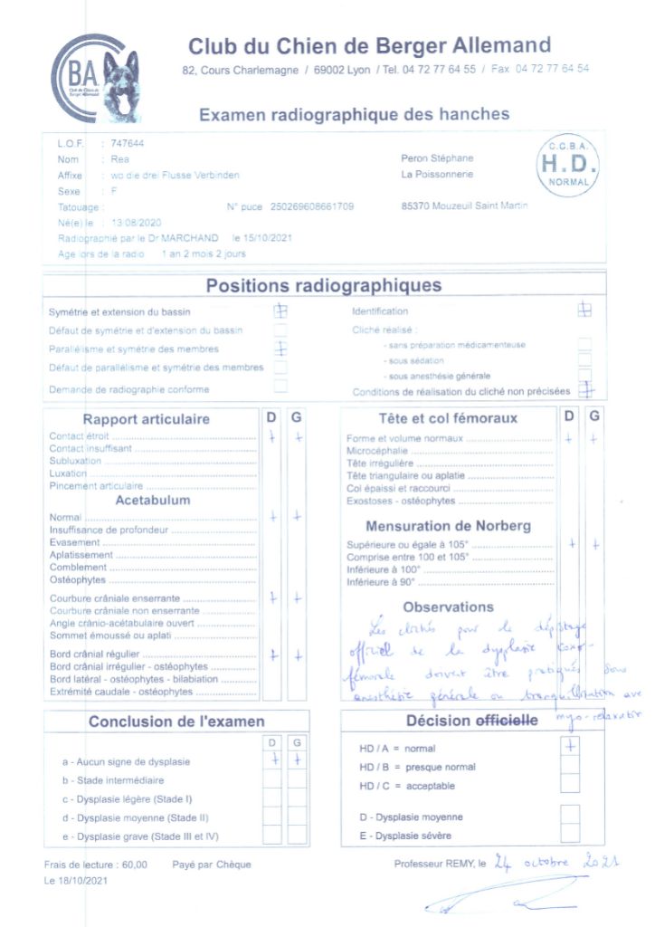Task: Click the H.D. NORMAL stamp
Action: [568, 164]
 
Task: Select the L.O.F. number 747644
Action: [127, 143]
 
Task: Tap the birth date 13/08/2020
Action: [136, 222]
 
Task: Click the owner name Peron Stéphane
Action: [437, 158]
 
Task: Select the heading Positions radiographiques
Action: [324, 286]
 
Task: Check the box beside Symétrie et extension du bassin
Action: [281, 311]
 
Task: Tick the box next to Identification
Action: [584, 310]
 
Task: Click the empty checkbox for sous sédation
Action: [584, 359]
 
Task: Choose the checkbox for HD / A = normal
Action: [569, 748]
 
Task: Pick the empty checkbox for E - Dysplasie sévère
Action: [569, 835]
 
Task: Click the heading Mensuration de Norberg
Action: [448, 526]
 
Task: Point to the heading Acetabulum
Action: [153, 500]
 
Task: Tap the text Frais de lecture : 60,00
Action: [96, 865]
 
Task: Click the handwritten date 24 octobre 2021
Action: [556, 862]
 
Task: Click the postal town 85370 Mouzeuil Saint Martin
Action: [465, 206]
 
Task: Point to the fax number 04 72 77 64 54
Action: [552, 69]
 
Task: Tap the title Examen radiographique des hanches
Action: [354, 115]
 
